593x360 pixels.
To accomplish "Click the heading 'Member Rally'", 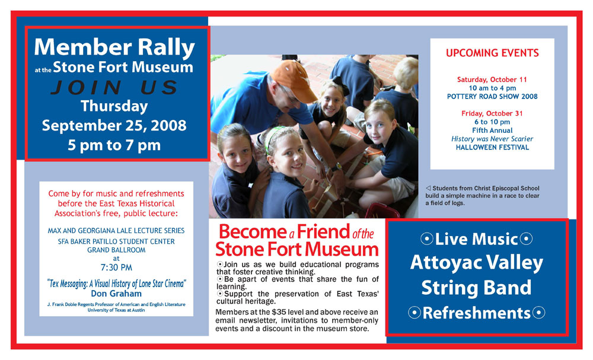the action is pos(114,47).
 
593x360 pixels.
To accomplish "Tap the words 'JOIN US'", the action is pos(114,87).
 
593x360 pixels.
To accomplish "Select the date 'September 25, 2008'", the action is pos(114,126).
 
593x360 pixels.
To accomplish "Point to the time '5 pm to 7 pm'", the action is pos(114,145).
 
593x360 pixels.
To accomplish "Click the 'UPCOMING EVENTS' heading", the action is pos(492,53).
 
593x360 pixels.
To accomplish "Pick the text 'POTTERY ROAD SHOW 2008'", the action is pos(492,97).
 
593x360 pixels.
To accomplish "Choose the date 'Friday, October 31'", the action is pos(492,113).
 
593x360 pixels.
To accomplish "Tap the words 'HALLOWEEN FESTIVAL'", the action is pos(492,148).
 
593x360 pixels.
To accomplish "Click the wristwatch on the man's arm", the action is pos(336,167).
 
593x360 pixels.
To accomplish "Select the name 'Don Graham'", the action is pos(116,294).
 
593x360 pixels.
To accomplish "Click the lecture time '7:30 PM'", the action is pos(116,267).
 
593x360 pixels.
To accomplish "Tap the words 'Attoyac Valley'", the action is pos(477,263).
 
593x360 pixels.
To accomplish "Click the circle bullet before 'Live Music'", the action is pos(426,239).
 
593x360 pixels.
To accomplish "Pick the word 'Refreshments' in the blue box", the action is pos(477,313).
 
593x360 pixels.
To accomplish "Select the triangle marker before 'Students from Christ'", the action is pos(428,189).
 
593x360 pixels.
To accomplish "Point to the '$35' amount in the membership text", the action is pos(279,313).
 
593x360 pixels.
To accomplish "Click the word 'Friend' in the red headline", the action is pos(323,231).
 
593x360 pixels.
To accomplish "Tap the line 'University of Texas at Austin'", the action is pos(116,310).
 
